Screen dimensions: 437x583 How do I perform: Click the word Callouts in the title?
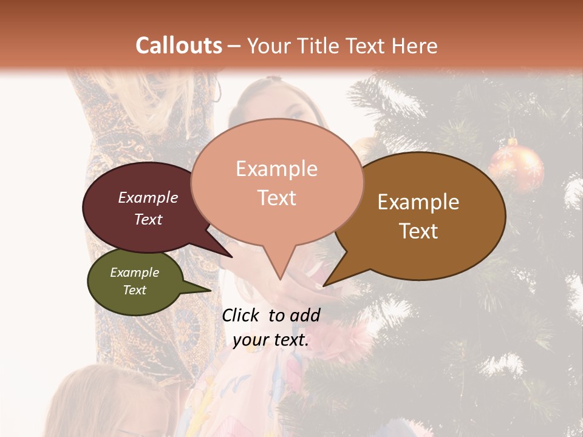pos(179,46)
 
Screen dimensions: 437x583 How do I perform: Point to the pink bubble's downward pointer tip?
pos(280,277)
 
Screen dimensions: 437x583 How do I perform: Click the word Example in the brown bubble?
pos(418,202)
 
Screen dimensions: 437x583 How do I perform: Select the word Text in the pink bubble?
pos(277,198)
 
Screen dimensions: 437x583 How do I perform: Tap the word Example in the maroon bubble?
pos(148,198)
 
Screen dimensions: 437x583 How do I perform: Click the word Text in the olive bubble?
pos(135,290)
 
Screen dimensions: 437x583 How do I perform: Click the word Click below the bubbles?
pos(242,315)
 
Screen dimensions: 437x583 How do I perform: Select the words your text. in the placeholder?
pos(271,340)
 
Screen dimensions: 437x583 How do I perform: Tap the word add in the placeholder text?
pos(305,315)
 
